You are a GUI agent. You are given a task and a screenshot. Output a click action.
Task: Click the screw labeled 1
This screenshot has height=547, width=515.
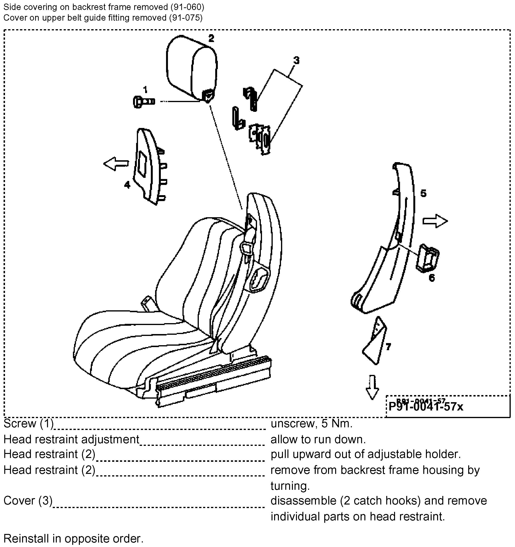[x=143, y=102]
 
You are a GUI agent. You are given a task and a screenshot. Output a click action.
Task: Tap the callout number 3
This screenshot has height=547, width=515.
[x=296, y=60]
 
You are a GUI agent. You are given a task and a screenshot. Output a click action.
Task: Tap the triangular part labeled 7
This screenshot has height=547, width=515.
[x=375, y=341]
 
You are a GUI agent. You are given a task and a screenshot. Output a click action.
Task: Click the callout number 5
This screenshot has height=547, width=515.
[x=423, y=193]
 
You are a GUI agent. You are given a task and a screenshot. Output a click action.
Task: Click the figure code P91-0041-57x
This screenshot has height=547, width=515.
[x=425, y=407]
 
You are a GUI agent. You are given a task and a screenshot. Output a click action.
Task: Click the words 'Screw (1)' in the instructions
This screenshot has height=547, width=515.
[x=28, y=424]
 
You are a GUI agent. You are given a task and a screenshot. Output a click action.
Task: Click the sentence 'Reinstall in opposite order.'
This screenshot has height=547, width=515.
[x=73, y=538]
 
